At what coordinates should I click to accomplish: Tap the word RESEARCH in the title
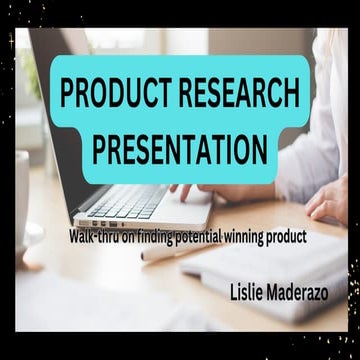point(235,95)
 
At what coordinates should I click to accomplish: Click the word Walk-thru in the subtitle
point(96,236)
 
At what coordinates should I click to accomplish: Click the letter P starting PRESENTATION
point(99,150)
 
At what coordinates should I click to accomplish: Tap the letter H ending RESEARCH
point(290,95)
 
